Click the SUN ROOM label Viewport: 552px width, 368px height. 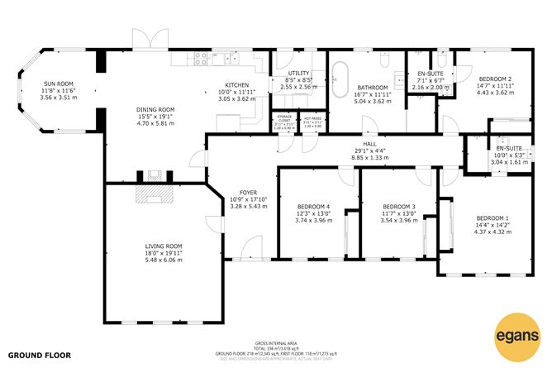coord(58,84)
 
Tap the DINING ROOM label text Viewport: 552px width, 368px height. coord(155,109)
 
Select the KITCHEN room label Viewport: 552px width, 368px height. coord(237,86)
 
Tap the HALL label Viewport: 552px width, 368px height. coord(369,144)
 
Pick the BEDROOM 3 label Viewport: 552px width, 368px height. coord(398,207)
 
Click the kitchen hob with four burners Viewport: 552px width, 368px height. coord(198,58)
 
